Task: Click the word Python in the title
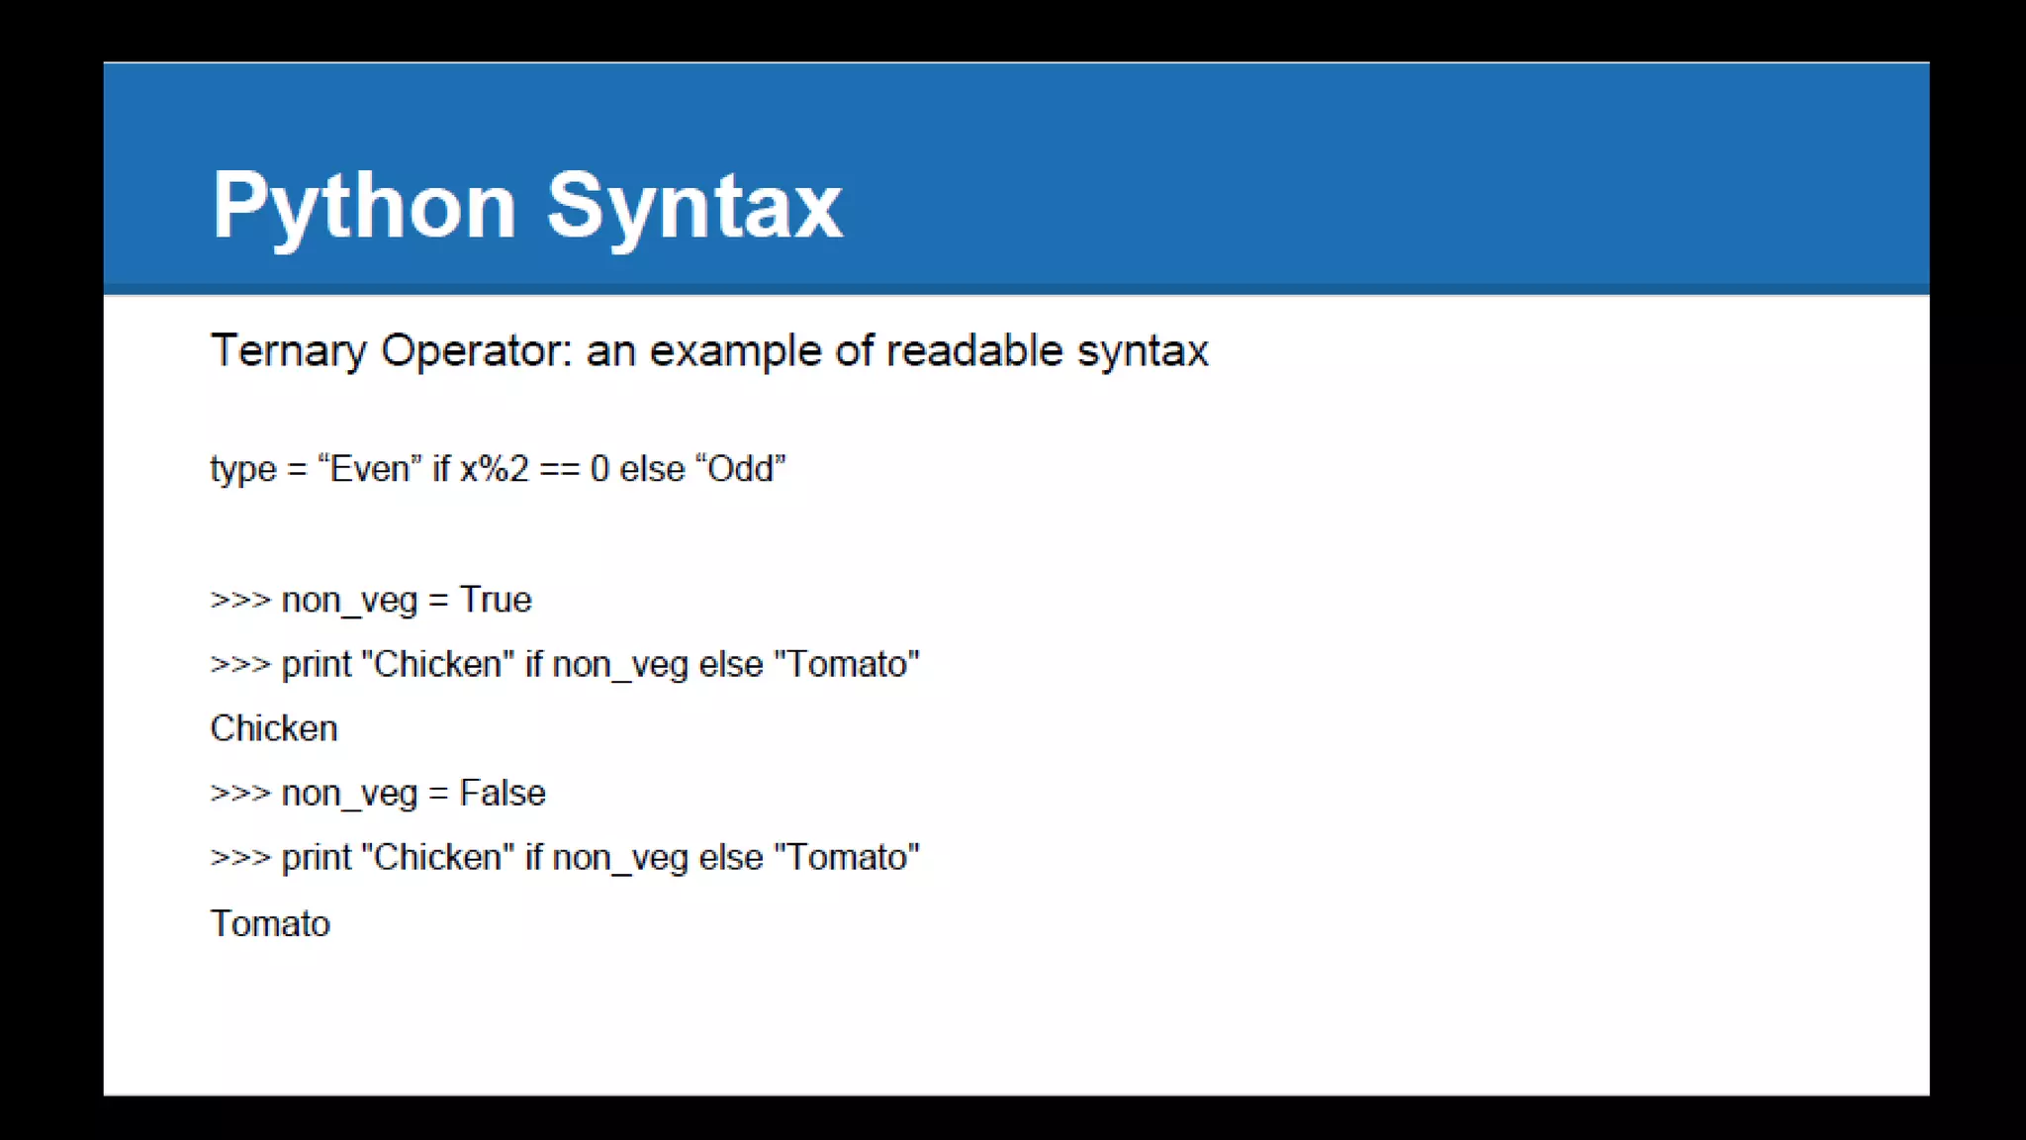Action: tap(364, 206)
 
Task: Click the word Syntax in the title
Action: tap(694, 206)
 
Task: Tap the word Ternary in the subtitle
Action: tap(288, 351)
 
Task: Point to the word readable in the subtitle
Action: tap(973, 351)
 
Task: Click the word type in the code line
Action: tap(242, 469)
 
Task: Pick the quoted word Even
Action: tap(369, 469)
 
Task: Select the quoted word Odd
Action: tap(740, 469)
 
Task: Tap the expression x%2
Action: tap(495, 469)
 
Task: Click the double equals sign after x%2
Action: tap(559, 469)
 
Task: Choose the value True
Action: tap(496, 600)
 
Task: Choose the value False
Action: tap(503, 793)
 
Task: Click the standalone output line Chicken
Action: tap(274, 728)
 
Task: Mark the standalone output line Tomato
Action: tap(270, 923)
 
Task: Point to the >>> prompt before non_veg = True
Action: tap(239, 600)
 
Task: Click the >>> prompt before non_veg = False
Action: tap(239, 793)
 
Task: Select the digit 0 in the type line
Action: tap(599, 469)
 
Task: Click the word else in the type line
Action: tap(652, 469)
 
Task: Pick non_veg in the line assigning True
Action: tap(349, 600)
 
